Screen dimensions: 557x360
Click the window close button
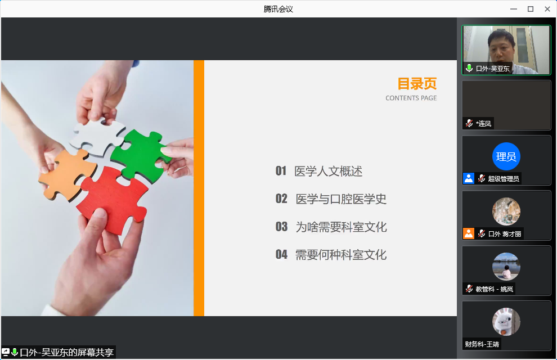click(x=547, y=9)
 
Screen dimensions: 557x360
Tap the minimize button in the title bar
click(x=514, y=9)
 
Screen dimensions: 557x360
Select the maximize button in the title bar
click(x=531, y=9)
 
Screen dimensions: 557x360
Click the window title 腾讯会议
click(x=278, y=9)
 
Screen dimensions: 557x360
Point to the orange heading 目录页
click(x=417, y=84)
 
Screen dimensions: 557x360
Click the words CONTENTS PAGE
click(x=411, y=98)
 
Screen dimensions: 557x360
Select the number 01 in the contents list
click(x=281, y=171)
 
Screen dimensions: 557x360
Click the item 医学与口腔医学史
click(x=341, y=199)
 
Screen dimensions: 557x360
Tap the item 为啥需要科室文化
click(x=341, y=227)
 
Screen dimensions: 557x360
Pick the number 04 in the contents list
click(x=281, y=254)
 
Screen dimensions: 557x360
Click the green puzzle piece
click(x=140, y=155)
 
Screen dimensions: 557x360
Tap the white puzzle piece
click(x=98, y=136)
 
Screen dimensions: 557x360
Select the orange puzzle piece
click(x=68, y=174)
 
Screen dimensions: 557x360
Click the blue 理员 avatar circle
click(x=506, y=156)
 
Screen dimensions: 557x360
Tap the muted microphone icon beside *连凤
click(x=469, y=123)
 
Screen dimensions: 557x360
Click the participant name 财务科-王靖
click(x=482, y=344)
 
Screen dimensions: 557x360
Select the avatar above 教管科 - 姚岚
click(x=506, y=267)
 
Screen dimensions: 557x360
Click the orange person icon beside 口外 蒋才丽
click(x=469, y=233)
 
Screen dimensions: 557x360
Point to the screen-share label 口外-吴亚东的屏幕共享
click(x=67, y=352)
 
